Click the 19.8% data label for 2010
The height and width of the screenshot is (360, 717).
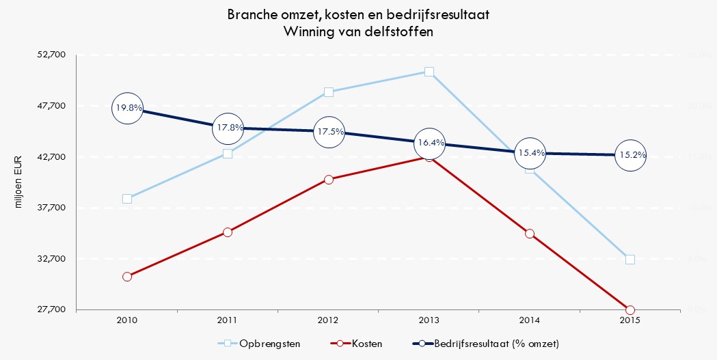(x=128, y=108)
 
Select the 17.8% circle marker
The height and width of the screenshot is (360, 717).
(x=228, y=128)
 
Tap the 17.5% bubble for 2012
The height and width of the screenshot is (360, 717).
(x=329, y=132)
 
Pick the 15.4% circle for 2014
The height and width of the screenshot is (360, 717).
(x=530, y=153)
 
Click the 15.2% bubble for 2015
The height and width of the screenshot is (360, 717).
(x=630, y=155)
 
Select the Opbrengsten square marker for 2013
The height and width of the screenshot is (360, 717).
(x=429, y=72)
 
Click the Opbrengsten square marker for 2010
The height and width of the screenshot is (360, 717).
(x=127, y=199)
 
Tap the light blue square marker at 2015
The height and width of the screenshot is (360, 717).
(x=630, y=260)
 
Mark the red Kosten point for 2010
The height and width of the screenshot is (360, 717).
(x=127, y=277)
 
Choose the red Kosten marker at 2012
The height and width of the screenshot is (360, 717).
(x=329, y=180)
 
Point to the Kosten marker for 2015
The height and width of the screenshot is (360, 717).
(x=630, y=310)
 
